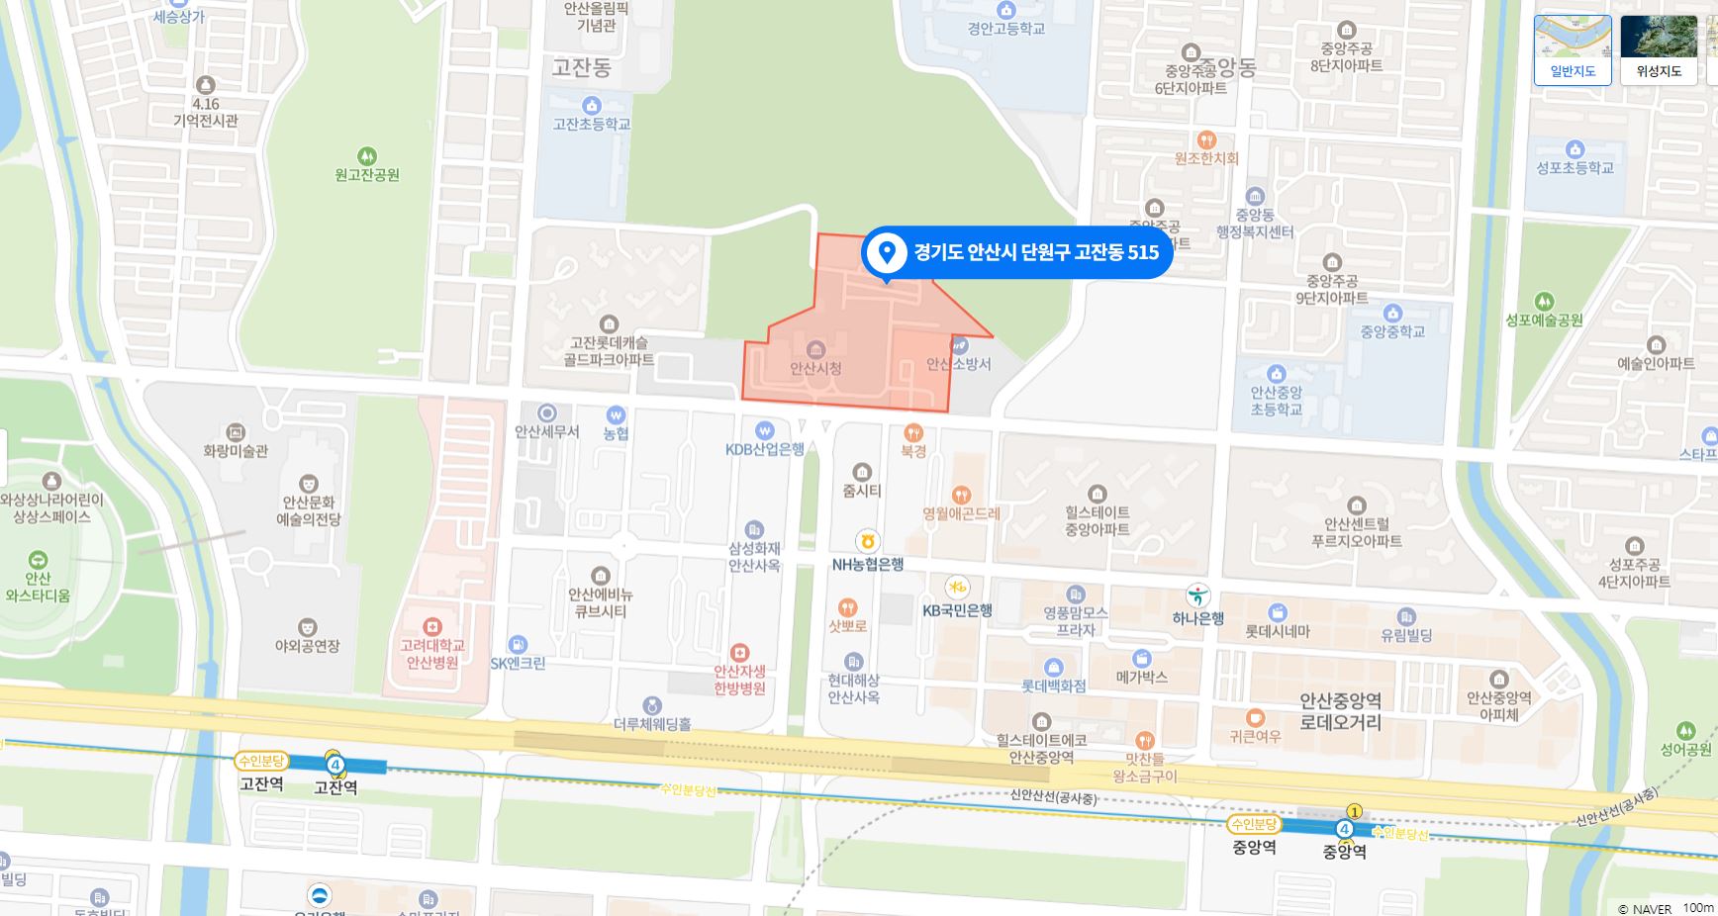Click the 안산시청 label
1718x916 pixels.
coord(815,368)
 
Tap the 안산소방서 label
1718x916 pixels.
coord(958,364)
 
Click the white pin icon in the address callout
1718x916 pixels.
coord(887,252)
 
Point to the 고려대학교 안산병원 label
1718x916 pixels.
coord(432,654)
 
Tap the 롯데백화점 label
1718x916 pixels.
coord(1053,685)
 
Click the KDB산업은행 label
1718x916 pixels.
coord(764,449)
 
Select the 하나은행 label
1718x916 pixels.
coord(1197,618)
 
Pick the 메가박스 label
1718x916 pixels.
coord(1141,677)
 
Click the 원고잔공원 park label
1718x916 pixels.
coord(367,175)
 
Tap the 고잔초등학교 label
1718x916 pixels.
coord(591,124)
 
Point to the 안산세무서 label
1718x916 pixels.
coord(546,431)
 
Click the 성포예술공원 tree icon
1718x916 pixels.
coord(1544,301)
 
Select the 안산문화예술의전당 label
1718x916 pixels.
coord(308,510)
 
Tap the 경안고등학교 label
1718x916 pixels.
coord(1005,29)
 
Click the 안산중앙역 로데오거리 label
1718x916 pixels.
coord(1340,711)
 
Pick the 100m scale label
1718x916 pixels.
coord(1698,907)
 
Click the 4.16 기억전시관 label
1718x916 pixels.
coord(206,112)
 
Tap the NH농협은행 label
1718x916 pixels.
coord(867,564)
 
